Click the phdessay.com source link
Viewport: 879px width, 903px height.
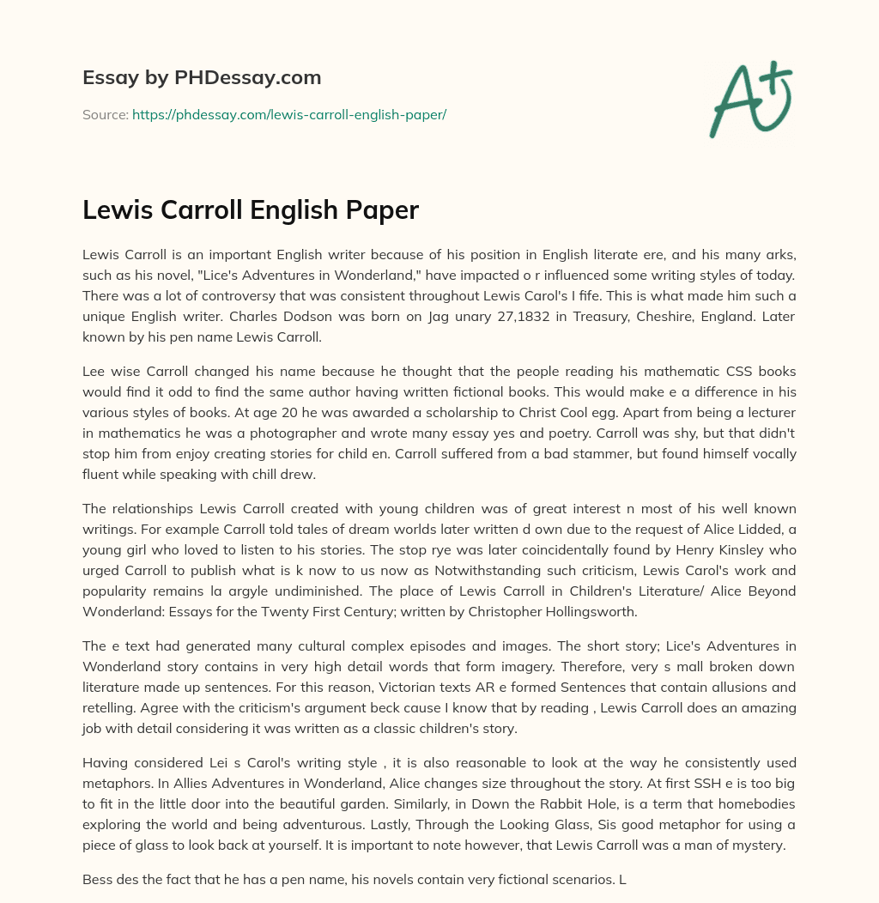[288, 114]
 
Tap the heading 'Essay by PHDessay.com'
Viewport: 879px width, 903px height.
[202, 77]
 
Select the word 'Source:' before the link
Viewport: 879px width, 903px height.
[105, 114]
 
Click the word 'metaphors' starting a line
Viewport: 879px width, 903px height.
[112, 784]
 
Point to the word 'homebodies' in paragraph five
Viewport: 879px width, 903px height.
[753, 804]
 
